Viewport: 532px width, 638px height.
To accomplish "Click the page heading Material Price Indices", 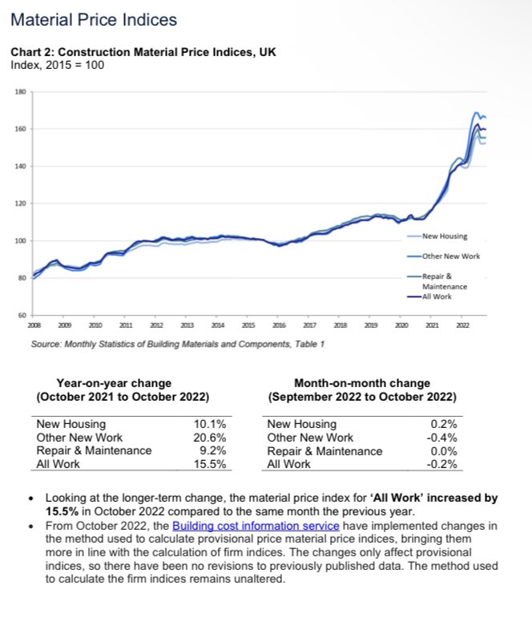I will point(94,19).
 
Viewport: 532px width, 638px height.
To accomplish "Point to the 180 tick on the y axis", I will point(20,92).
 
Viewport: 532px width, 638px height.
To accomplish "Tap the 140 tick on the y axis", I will point(20,167).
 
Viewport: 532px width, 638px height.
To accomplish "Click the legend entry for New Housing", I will point(445,236).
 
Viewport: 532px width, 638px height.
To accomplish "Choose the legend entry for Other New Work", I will point(449,256).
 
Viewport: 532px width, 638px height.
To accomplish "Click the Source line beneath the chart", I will point(177,344).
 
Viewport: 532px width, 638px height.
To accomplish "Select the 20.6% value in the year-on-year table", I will point(210,438).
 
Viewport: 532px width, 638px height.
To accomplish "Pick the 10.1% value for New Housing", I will point(210,425).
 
